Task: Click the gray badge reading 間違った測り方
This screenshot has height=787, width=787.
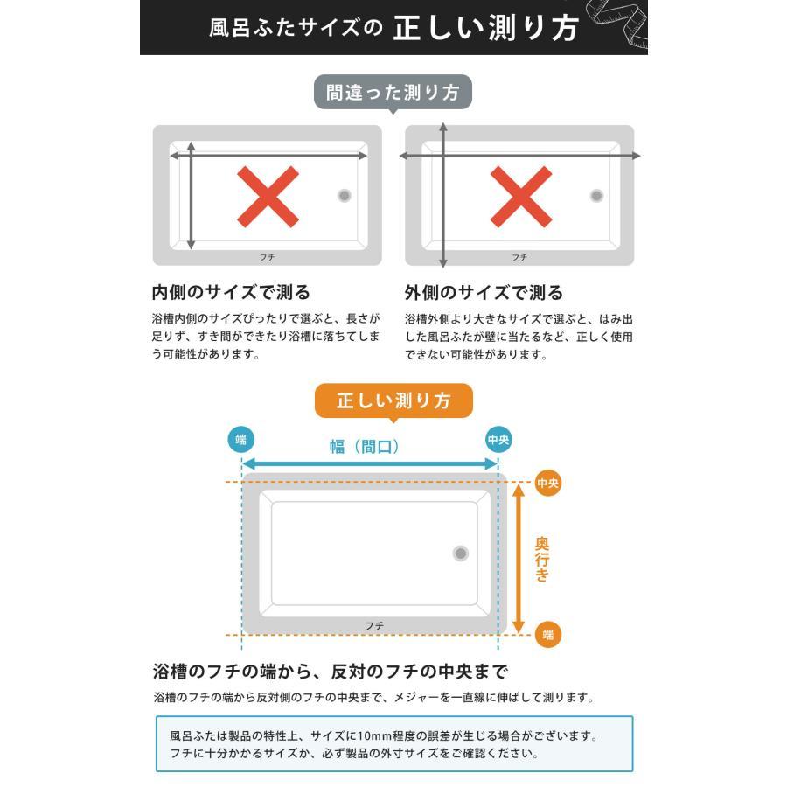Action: pos(393,93)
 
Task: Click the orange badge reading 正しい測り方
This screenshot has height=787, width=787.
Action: pos(393,401)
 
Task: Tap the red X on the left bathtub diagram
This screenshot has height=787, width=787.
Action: pos(268,196)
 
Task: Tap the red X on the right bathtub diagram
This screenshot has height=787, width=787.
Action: pos(520,196)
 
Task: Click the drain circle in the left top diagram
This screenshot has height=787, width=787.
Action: pos(345,196)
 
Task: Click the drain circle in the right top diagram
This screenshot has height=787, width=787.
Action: pos(596,196)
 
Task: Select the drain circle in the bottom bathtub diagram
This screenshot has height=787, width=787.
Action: pos(461,553)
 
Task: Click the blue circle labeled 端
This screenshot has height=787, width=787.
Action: pos(240,439)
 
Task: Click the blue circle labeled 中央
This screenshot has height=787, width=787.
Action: pos(498,439)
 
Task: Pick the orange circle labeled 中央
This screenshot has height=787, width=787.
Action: pos(548,483)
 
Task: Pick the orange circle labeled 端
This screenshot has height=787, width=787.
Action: pos(548,635)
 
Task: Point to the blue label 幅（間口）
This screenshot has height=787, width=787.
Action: pos(365,447)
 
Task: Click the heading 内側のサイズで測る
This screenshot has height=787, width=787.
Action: pos(231,292)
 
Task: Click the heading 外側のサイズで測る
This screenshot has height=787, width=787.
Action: pos(484,292)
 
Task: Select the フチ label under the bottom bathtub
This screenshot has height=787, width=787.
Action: pos(374,625)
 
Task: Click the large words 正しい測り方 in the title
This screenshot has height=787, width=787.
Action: pos(485,28)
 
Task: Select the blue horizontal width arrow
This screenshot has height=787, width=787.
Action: pos(369,464)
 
